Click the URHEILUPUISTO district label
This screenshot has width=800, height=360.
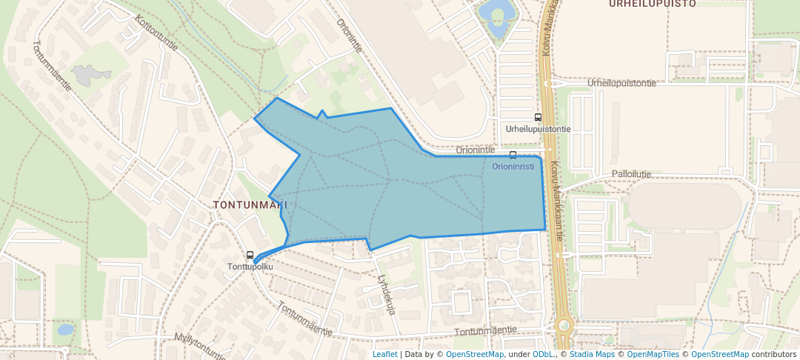point(652,4)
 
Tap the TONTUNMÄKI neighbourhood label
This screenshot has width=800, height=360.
point(250,204)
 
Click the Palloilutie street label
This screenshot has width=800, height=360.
point(631,174)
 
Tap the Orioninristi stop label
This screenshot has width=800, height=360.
point(513,167)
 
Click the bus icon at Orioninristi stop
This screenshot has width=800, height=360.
point(513,155)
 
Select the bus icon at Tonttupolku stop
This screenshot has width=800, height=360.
point(250,255)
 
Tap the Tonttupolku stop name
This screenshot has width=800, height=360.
point(250,267)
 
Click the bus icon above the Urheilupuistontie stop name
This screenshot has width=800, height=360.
point(538,117)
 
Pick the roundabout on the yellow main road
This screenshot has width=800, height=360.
point(564,324)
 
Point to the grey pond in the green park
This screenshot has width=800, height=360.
point(91,74)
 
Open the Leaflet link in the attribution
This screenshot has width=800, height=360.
point(385,354)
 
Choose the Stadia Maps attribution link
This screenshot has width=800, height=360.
point(591,354)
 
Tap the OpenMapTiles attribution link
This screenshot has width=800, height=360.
point(653,354)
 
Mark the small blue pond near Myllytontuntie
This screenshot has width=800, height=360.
point(65,328)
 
